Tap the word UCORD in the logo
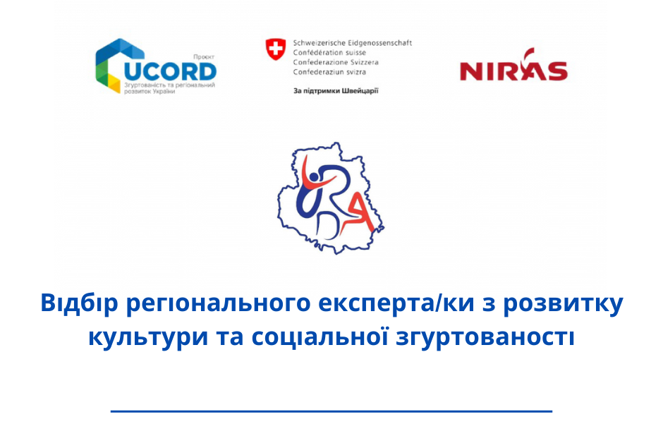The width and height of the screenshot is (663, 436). (x=170, y=72)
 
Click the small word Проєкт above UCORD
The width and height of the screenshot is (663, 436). (x=204, y=56)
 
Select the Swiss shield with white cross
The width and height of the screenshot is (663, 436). (x=275, y=49)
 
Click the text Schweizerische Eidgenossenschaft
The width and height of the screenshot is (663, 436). (x=352, y=43)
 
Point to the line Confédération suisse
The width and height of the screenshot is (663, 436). (x=329, y=52)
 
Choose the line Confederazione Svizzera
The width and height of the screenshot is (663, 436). (x=336, y=62)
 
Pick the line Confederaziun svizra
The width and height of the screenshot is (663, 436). (x=329, y=72)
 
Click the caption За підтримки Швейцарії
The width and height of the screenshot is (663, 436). (x=336, y=90)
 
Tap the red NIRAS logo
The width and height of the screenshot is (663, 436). (x=513, y=65)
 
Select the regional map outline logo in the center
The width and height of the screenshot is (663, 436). (x=330, y=198)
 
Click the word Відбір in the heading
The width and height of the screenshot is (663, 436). (x=79, y=303)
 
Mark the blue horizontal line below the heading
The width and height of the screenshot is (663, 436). (x=331, y=411)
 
